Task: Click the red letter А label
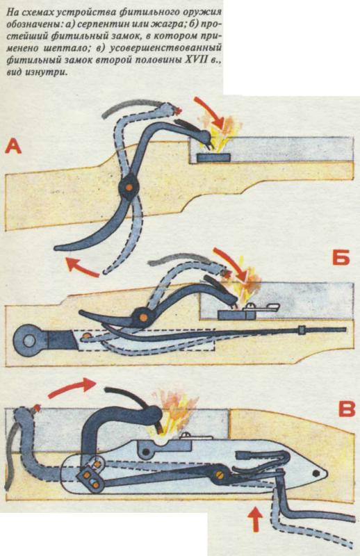click(13, 146)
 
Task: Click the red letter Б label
click(341, 257)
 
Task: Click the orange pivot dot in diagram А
click(129, 186)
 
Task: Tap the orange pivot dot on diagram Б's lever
click(143, 317)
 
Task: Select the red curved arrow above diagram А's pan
click(211, 112)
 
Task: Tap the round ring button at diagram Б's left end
click(28, 341)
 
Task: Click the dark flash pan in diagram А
click(213, 158)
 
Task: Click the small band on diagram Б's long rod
click(302, 329)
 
